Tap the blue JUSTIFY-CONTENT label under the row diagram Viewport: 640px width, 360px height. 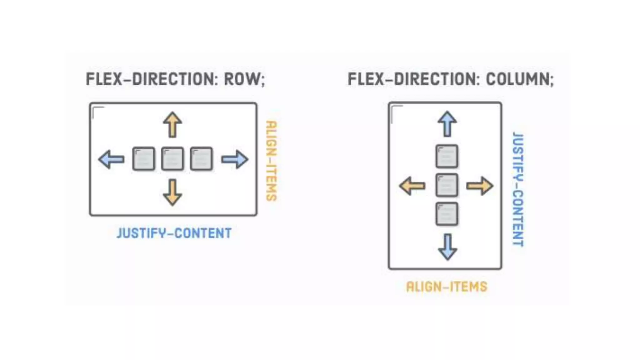click(174, 233)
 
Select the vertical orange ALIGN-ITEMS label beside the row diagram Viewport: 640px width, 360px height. click(271, 161)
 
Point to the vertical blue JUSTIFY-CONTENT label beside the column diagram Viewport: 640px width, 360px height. click(518, 189)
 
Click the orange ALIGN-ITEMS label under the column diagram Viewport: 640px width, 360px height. click(447, 287)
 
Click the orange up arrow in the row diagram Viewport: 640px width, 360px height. click(172, 125)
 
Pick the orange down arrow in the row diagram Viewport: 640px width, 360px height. click(172, 192)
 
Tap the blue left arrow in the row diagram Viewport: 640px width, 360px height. click(111, 159)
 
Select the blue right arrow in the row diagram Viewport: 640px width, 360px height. click(235, 159)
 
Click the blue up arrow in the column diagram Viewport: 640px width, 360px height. click(447, 124)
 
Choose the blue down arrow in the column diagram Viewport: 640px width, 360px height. click(447, 247)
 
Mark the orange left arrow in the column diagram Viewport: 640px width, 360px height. click(412, 186)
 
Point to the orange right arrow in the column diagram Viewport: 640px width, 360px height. click(480, 186)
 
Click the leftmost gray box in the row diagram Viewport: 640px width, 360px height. click(144, 159)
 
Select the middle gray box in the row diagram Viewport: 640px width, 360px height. click(172, 159)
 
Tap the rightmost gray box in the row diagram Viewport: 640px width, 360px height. click(201, 159)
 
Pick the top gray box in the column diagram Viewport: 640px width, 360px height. click(447, 156)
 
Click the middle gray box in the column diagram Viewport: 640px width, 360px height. click(447, 185)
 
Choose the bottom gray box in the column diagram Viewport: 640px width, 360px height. click(447, 214)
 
